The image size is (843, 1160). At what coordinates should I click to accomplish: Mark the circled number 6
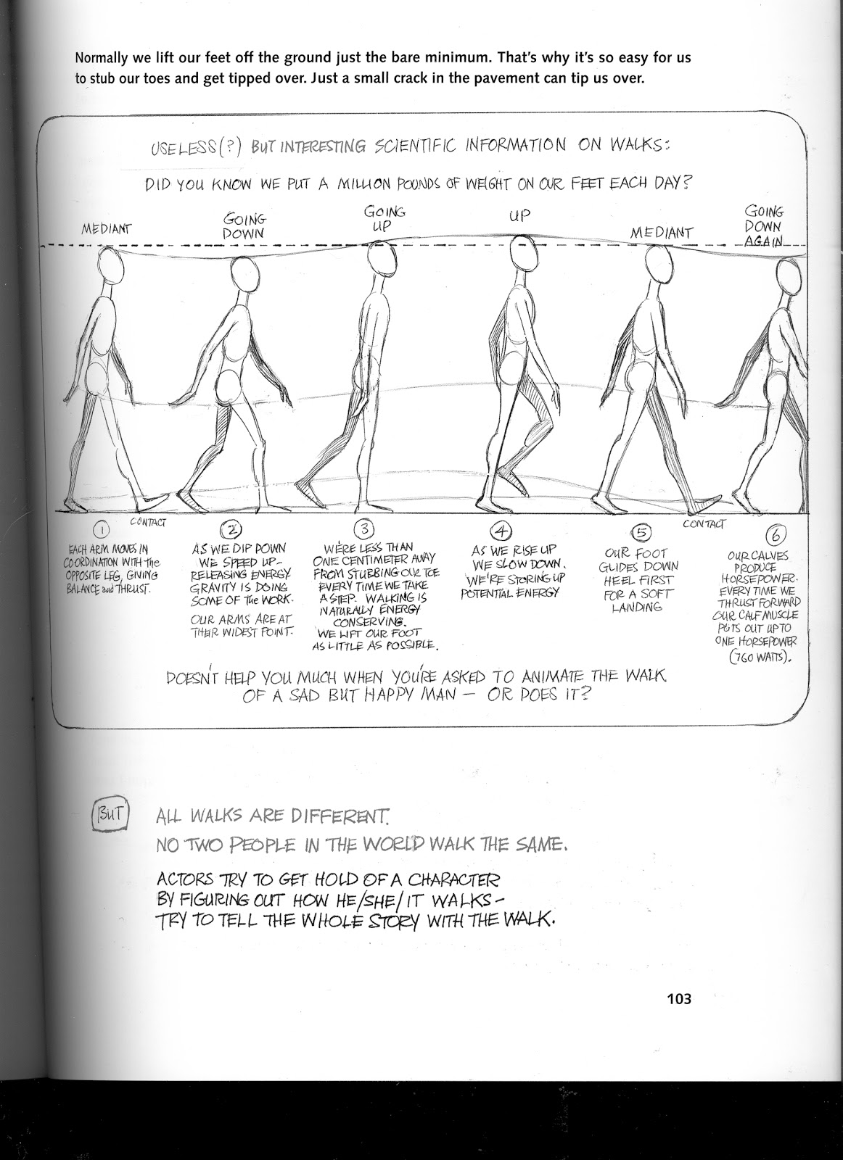click(776, 536)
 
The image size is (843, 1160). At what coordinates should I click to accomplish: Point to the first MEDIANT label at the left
click(106, 229)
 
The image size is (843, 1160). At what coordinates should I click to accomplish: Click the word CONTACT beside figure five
click(702, 523)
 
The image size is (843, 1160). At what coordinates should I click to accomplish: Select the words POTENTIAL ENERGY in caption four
click(511, 593)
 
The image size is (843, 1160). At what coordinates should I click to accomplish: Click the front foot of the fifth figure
click(700, 502)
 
